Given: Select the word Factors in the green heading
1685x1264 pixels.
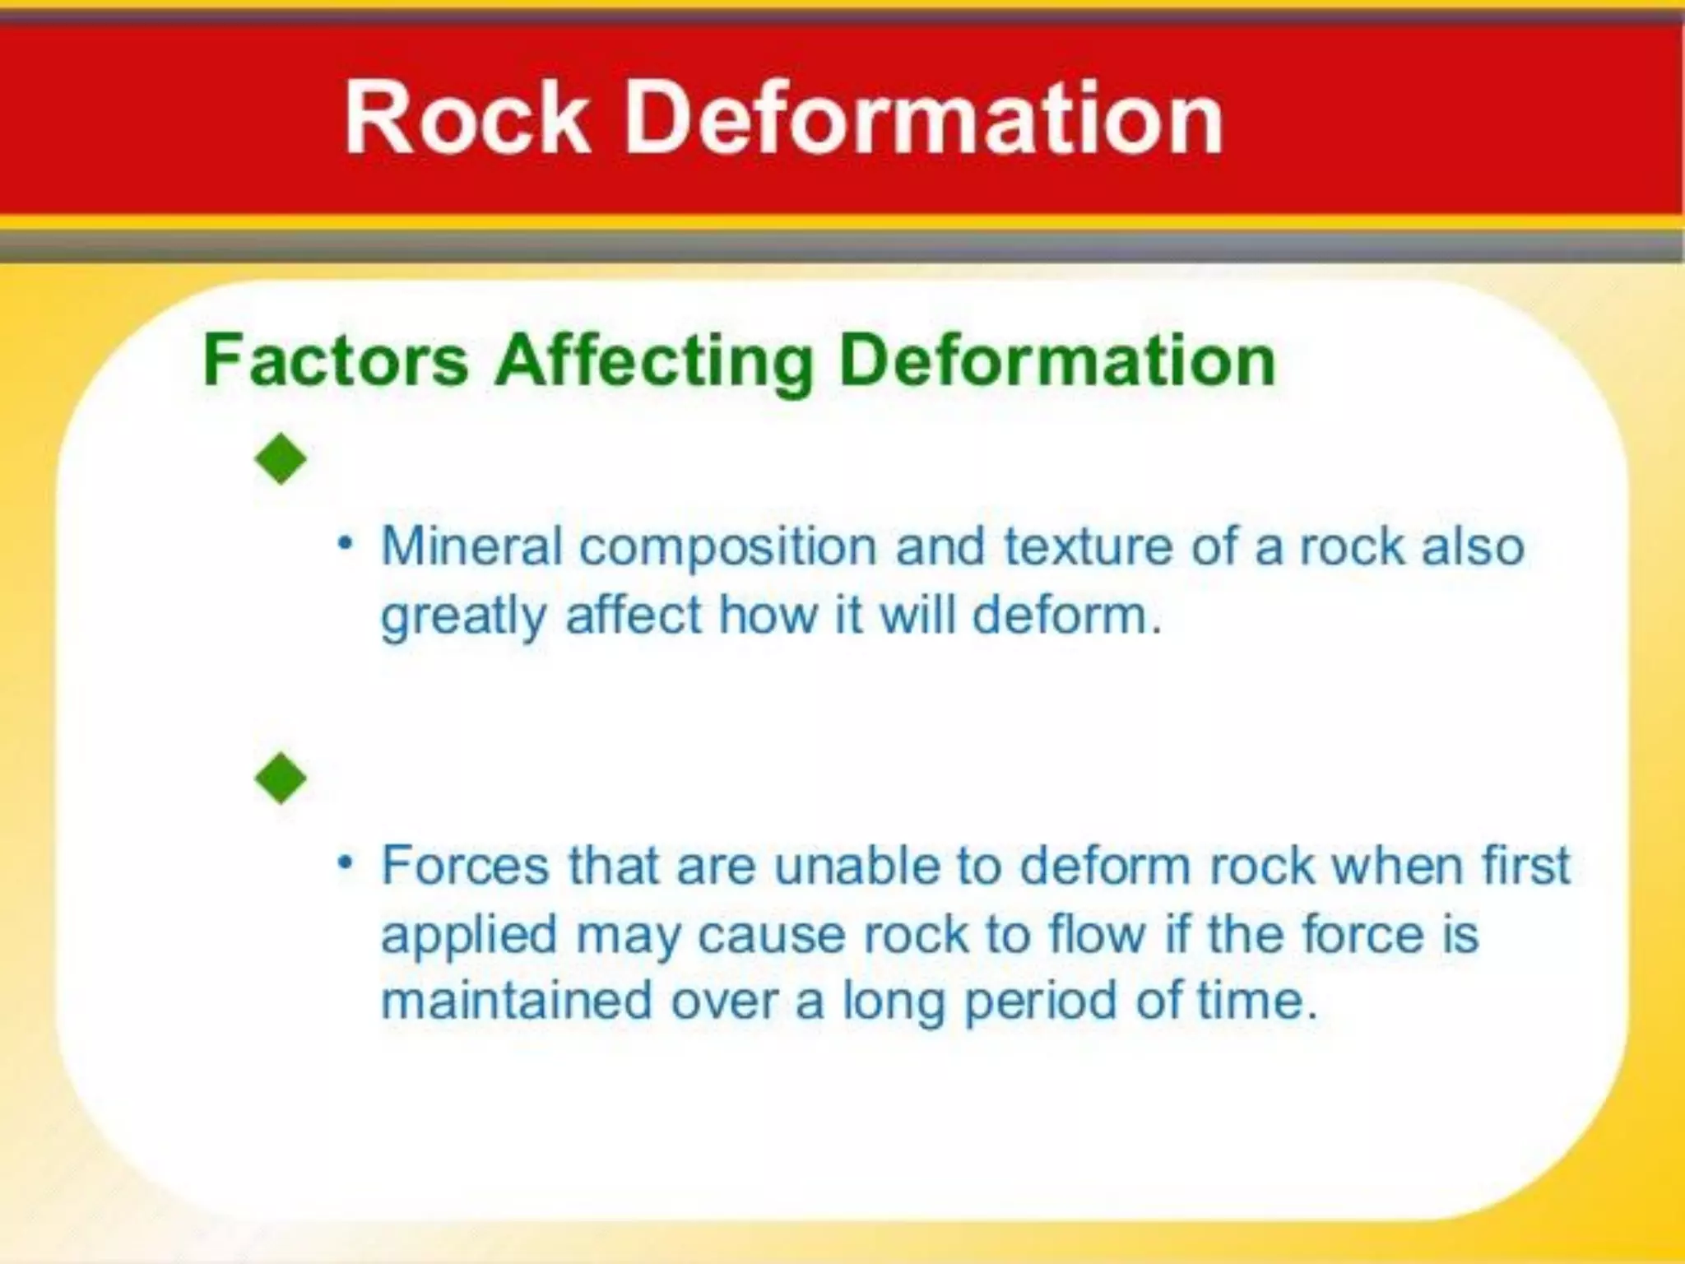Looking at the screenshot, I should pos(336,361).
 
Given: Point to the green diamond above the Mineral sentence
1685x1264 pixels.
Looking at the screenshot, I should pos(281,458).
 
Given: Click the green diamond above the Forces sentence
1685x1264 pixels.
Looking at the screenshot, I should pos(281,778).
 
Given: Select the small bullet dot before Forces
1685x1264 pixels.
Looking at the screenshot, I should pos(346,863).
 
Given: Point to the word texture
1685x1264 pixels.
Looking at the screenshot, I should pos(1088,546).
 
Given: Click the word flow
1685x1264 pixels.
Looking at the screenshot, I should pos(1097,935).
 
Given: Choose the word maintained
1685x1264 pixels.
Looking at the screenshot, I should pos(516,1001).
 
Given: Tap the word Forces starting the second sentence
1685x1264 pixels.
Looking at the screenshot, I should pos(465,866).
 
